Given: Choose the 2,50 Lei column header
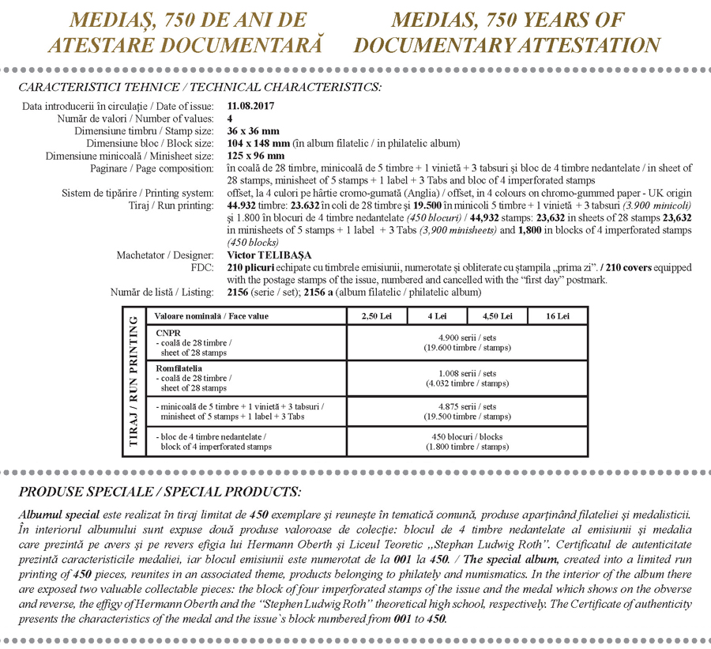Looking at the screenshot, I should (x=376, y=316).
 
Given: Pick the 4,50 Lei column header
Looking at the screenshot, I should (x=497, y=316).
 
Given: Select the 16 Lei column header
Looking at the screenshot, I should (x=557, y=316).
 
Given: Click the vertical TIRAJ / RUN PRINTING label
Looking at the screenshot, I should (x=133, y=381).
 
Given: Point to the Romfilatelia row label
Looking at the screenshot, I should (x=179, y=368).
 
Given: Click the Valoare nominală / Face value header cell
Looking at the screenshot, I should (x=211, y=316).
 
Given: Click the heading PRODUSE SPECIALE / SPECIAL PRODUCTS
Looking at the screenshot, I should (x=160, y=491).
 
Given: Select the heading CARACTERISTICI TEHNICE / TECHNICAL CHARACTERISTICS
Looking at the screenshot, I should (x=200, y=86).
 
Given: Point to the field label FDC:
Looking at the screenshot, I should (x=203, y=268).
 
